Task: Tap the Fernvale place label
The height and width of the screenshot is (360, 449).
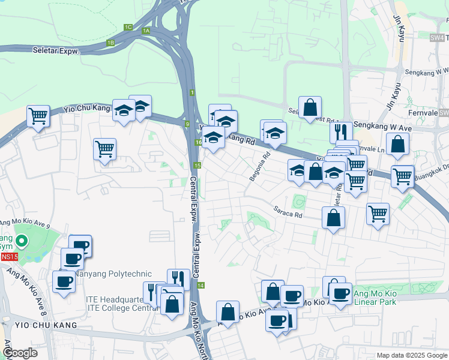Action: point(421,112)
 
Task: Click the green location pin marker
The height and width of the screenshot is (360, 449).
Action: point(22,242)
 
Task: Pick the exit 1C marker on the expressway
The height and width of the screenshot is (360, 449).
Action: point(128,27)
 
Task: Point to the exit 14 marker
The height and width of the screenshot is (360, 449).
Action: point(200,285)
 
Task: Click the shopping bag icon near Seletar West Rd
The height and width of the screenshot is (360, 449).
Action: point(310,108)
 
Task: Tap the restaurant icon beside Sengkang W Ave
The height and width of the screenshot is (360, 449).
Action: point(340,131)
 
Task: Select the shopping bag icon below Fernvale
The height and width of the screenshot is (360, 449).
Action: point(397,144)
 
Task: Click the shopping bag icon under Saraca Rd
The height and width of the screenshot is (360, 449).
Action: point(333,218)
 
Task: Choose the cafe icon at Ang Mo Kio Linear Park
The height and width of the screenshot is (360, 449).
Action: point(340,294)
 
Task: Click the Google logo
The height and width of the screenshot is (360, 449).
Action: point(20,353)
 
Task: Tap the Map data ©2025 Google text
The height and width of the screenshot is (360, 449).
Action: point(411,355)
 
